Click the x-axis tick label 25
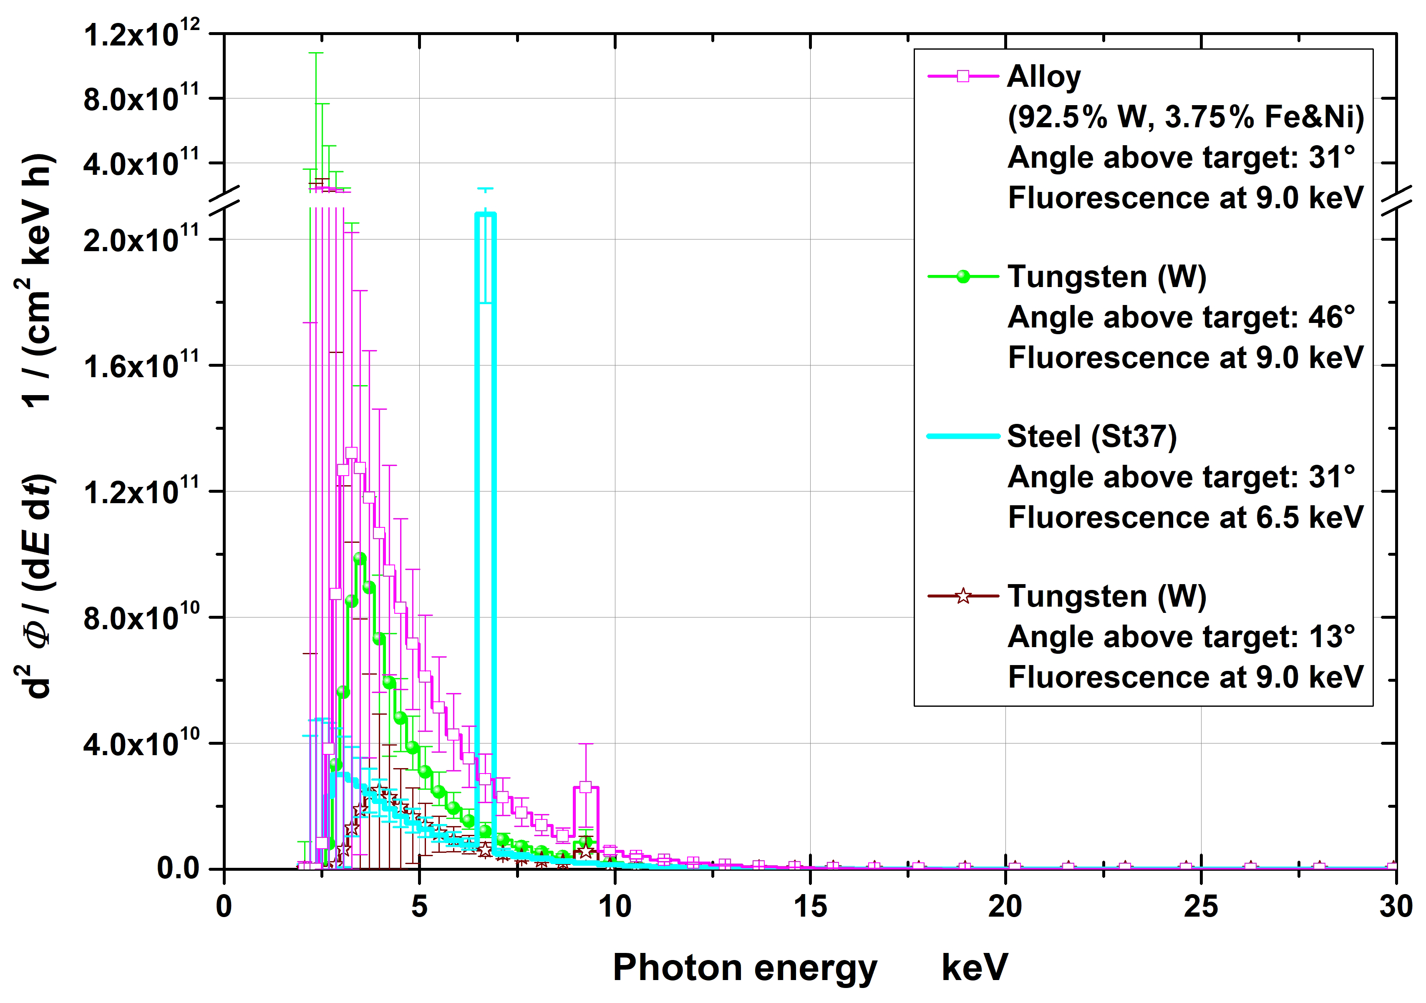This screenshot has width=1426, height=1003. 1201,907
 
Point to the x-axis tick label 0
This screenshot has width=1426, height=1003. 224,907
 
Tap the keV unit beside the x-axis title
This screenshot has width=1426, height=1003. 974,968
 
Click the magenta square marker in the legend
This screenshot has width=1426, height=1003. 962,76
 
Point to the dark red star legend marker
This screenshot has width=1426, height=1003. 962,596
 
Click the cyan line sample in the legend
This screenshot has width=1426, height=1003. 962,436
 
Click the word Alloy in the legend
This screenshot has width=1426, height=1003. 1043,76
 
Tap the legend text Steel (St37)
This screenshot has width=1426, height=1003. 1091,436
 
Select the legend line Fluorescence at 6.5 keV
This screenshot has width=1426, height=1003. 1185,517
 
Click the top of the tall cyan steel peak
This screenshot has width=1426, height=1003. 485,214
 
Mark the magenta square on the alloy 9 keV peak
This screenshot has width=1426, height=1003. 585,787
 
